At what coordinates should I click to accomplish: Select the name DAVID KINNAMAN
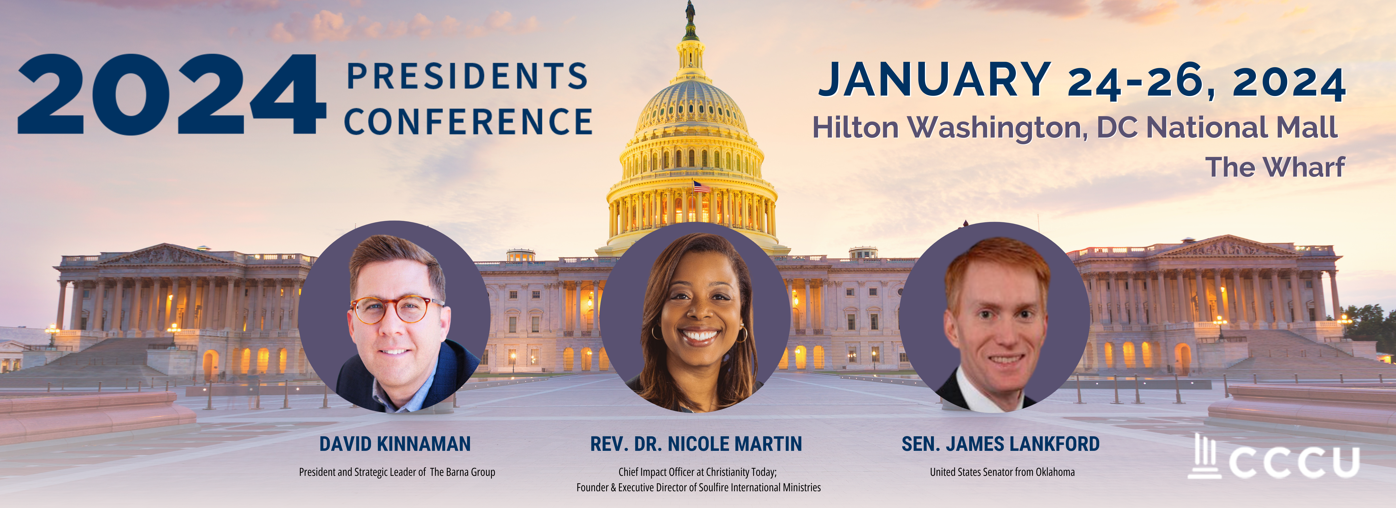pos(395,444)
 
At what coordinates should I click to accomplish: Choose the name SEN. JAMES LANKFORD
pos(1000,444)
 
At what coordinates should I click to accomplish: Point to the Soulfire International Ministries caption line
pos(698,487)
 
